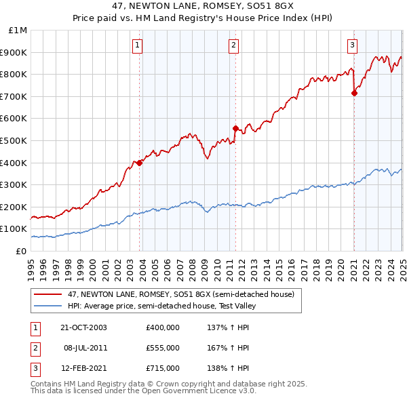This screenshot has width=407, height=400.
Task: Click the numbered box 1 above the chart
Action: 137,45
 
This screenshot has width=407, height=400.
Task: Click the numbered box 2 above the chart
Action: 233,45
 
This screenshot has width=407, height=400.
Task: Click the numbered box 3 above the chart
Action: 352,45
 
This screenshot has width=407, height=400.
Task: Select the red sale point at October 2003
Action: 140,163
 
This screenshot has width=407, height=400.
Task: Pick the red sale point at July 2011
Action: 235,128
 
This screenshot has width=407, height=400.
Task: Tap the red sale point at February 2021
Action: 354,93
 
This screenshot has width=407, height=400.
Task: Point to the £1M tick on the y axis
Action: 18,31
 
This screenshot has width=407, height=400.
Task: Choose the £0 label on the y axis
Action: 21,251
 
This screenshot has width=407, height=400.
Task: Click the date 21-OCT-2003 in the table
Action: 84,327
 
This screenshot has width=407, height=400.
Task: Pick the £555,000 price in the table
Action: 163,348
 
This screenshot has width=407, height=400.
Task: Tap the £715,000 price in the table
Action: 163,368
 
